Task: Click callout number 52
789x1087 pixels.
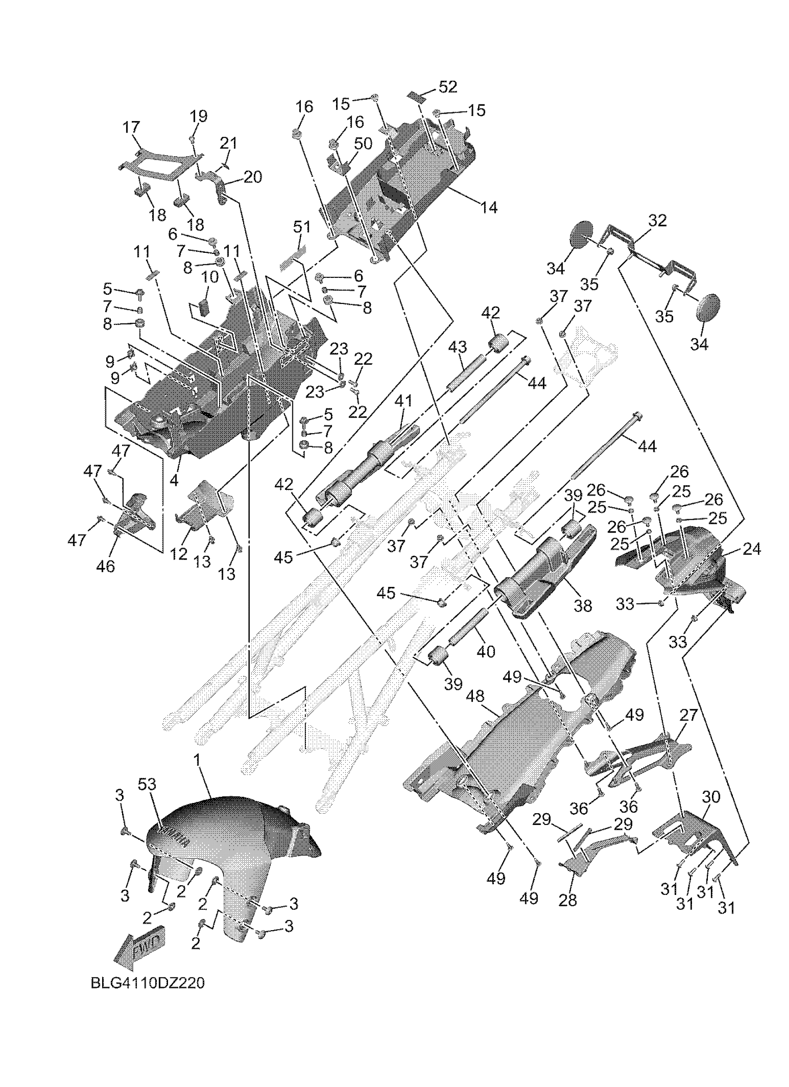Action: pyautogui.click(x=448, y=87)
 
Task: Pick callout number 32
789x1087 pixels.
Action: pyautogui.click(x=657, y=221)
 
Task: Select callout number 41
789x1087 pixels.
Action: pyautogui.click(x=403, y=401)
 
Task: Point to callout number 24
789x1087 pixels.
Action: pyautogui.click(x=751, y=549)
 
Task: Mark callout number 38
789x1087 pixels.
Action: pyautogui.click(x=583, y=606)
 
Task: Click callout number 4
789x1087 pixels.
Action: pyautogui.click(x=174, y=480)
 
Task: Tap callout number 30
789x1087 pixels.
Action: pyautogui.click(x=711, y=798)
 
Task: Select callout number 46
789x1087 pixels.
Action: pyautogui.click(x=105, y=566)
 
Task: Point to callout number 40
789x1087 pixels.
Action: pyautogui.click(x=485, y=652)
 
